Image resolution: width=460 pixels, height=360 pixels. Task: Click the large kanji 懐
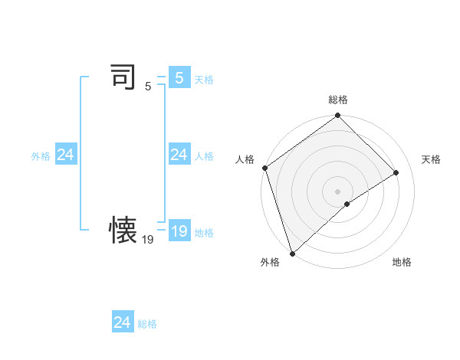point(123,230)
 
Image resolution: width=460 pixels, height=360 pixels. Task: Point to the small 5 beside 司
point(147,87)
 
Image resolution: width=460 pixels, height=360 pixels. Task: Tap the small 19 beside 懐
point(147,240)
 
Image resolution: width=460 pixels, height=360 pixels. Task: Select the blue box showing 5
point(179,78)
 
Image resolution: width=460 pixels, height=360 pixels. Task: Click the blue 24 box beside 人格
point(179,155)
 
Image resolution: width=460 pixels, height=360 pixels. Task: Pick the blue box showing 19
point(179,231)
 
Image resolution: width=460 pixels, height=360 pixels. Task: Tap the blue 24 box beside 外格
point(65,155)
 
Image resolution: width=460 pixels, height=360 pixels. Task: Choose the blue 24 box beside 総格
point(123,322)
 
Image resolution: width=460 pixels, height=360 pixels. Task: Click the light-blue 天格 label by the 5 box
point(204,80)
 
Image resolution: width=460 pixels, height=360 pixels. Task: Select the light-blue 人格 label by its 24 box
point(204,156)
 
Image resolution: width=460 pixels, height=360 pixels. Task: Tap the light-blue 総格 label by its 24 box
point(147,324)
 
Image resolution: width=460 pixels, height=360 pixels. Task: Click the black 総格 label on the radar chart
point(337,100)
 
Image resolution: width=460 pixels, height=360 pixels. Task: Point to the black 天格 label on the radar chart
point(431,159)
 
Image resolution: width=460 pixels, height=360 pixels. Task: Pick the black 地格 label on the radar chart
point(402,263)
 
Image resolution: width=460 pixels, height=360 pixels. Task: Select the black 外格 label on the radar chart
point(270,263)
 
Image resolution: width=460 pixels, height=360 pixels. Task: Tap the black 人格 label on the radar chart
point(245,159)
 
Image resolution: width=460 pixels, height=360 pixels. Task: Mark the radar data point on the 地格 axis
point(347,204)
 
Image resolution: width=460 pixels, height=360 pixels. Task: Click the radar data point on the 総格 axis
point(337,116)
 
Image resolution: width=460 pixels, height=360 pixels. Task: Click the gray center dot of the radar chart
point(337,191)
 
